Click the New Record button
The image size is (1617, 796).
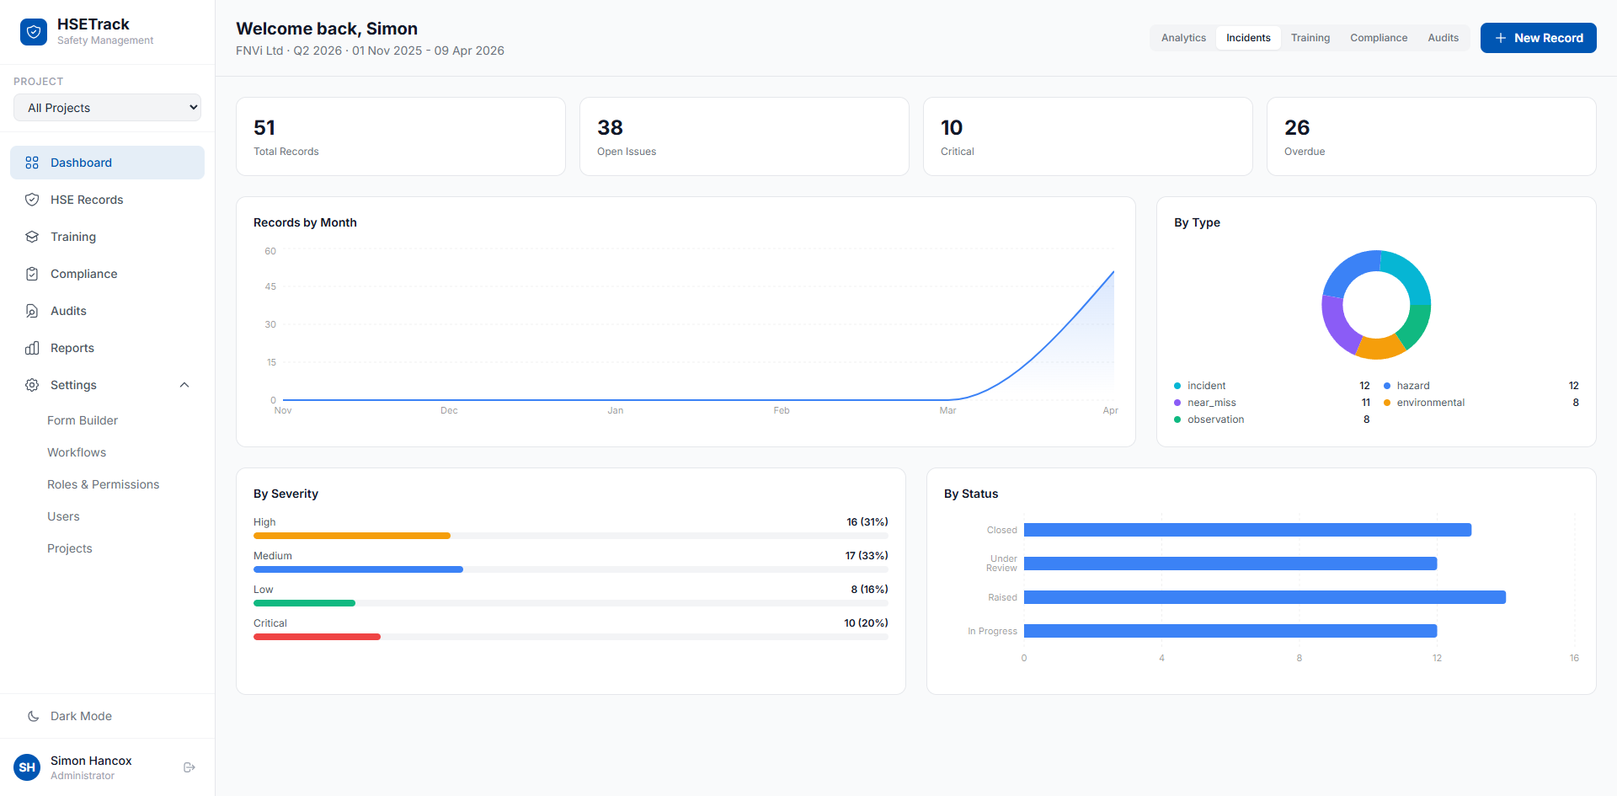click(x=1538, y=38)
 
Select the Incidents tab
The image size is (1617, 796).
click(x=1248, y=38)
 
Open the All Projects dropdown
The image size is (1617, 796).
click(x=108, y=108)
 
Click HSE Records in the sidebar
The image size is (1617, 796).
click(x=87, y=200)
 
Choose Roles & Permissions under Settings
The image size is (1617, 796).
click(x=103, y=484)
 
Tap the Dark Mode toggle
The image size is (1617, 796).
click(x=81, y=716)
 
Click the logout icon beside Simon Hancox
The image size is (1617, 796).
click(x=189, y=767)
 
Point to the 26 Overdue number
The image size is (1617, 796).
click(x=1297, y=127)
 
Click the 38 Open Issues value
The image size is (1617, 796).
click(x=610, y=127)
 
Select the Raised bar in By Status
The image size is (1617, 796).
click(x=1265, y=597)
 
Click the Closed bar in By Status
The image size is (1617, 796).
click(x=1247, y=530)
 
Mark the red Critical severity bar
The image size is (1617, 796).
click(x=317, y=637)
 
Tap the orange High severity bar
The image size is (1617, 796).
click(x=352, y=536)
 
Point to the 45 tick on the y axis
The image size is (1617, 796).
click(x=270, y=286)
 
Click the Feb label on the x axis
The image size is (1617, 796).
click(x=782, y=410)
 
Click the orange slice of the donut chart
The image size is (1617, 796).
click(x=1379, y=346)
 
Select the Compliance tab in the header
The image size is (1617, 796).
click(x=1379, y=38)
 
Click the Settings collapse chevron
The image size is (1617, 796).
click(x=184, y=385)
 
